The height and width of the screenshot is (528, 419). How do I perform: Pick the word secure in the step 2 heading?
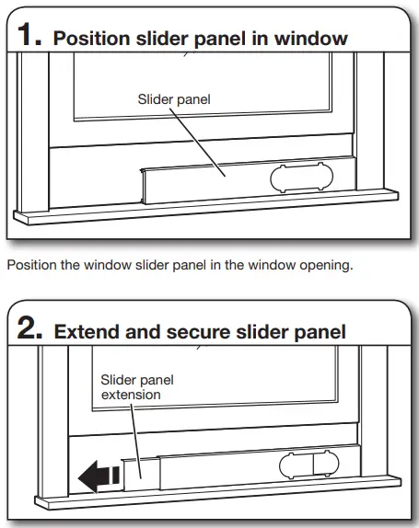pyautogui.click(x=181, y=332)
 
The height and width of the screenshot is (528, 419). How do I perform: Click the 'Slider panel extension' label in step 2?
pyautogui.click(x=131, y=386)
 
